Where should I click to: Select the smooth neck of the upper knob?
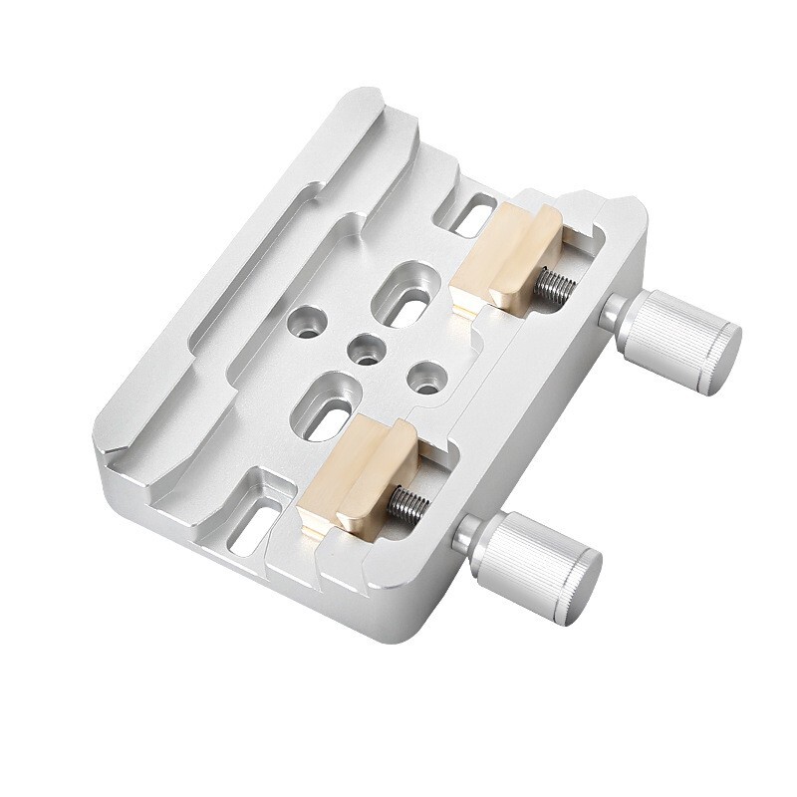click(618, 317)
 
